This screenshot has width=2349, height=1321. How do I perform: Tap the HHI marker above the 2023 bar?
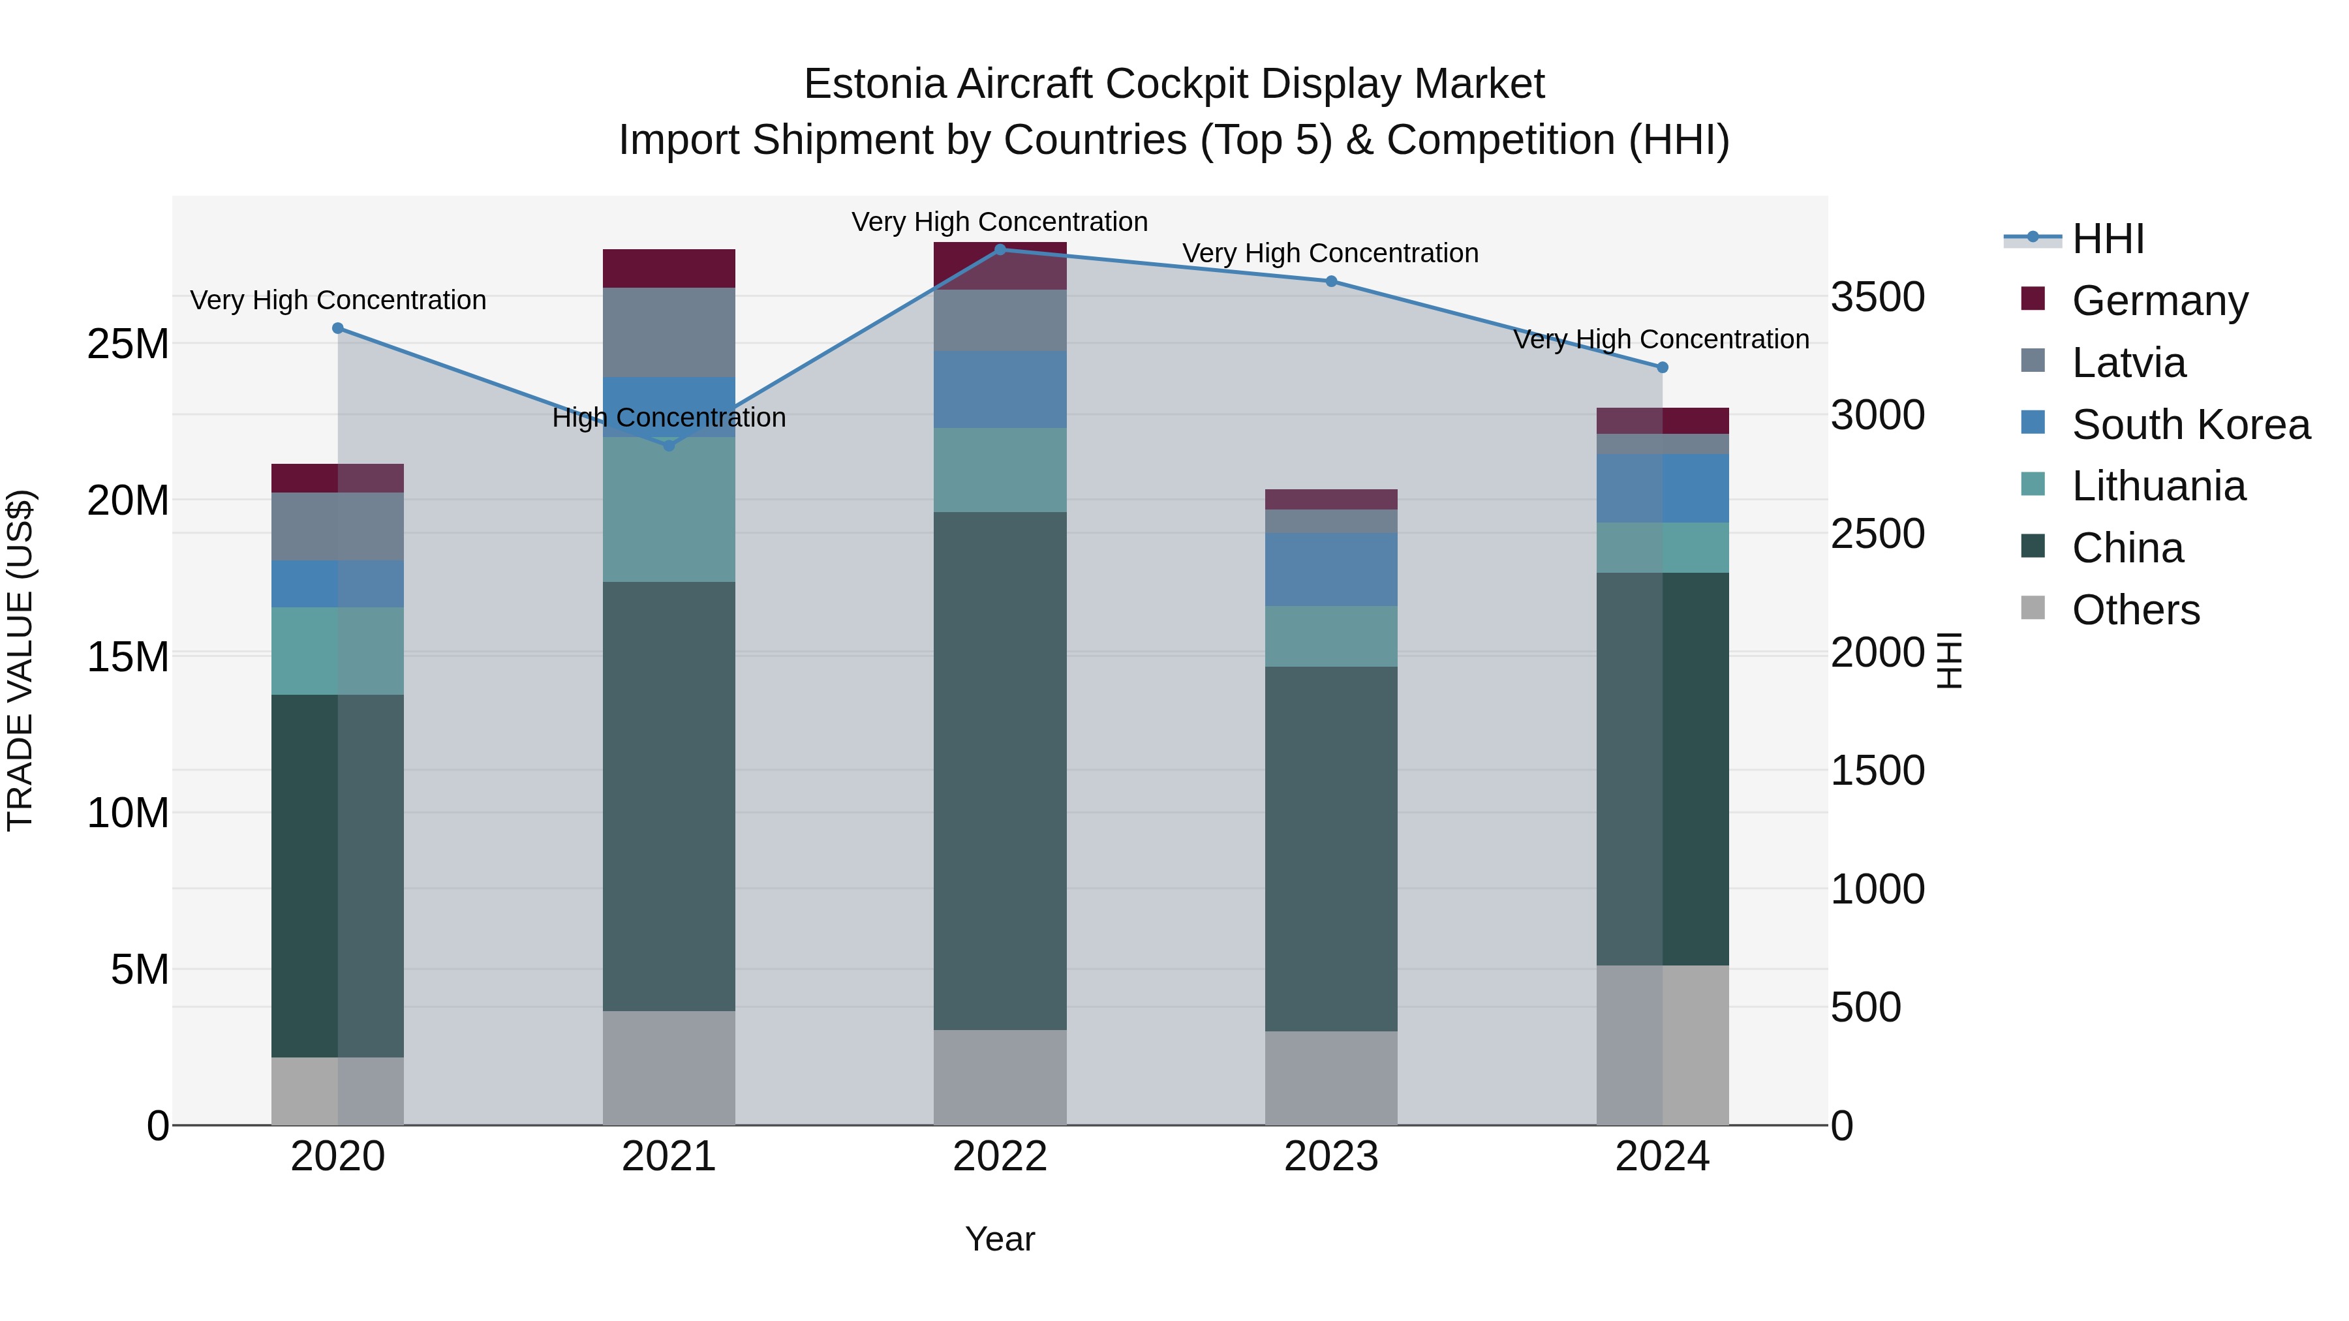click(1330, 281)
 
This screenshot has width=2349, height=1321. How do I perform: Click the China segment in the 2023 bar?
click(1330, 848)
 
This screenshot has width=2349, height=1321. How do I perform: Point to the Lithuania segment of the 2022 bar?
click(1000, 470)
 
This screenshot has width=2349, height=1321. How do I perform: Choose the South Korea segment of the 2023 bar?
click(1330, 569)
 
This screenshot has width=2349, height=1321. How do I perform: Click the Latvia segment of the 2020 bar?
click(337, 526)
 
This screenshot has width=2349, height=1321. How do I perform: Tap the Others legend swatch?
click(2033, 608)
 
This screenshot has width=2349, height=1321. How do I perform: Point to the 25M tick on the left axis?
click(128, 344)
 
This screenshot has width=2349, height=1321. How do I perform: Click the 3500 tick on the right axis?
click(1877, 297)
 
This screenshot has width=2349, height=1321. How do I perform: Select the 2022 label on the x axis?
click(1000, 1157)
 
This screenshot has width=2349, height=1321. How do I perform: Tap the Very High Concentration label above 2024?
click(1661, 339)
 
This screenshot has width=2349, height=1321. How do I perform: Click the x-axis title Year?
click(1000, 1239)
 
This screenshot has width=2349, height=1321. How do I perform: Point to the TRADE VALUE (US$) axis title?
click(20, 660)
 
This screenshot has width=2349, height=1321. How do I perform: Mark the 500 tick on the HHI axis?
click(1865, 1007)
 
